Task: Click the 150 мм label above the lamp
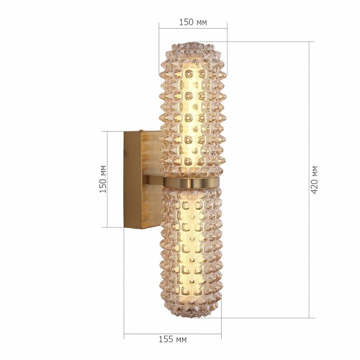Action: [x=193, y=22]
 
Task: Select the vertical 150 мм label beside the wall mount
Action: [x=103, y=179]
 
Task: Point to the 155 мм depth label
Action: [x=173, y=339]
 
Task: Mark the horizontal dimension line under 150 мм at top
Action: [x=193, y=28]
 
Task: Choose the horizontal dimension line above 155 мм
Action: [x=173, y=334]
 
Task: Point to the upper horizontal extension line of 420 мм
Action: [x=266, y=42]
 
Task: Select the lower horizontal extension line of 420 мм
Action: [x=266, y=318]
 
